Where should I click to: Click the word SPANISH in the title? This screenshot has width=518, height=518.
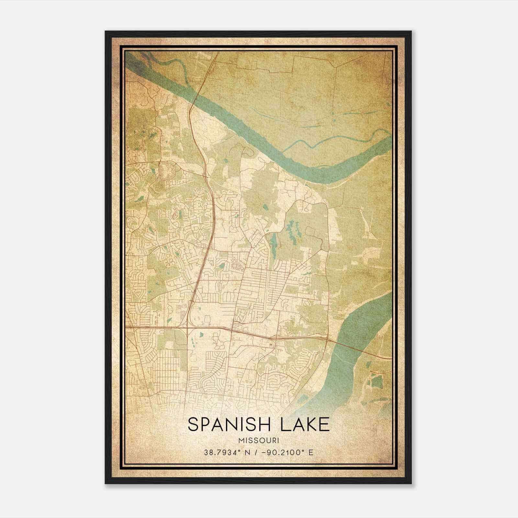(231, 424)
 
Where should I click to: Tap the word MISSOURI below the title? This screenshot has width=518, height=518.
(258, 440)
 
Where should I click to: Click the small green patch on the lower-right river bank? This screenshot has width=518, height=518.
(377, 382)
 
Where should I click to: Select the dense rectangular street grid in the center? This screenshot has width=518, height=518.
(256, 285)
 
